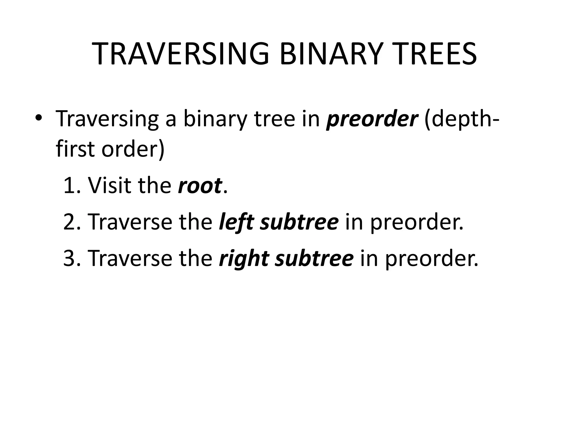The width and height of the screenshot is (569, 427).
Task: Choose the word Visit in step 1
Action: (x=109, y=185)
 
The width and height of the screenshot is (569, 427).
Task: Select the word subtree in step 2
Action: (x=300, y=222)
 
